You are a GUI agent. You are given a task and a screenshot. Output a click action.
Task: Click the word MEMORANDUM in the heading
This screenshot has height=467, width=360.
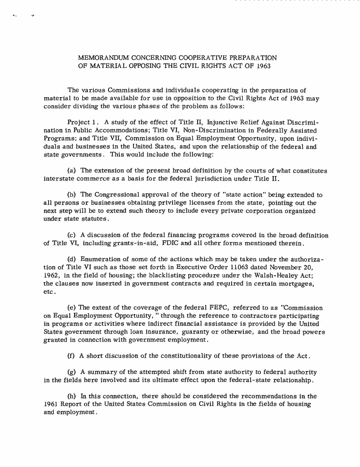coord(100,58)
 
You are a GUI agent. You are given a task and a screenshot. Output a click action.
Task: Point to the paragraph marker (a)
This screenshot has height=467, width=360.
coord(73,171)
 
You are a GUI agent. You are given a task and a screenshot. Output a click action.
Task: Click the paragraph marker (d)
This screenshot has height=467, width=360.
coord(73,259)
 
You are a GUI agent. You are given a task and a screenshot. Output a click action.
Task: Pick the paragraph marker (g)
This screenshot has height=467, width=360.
coord(73,372)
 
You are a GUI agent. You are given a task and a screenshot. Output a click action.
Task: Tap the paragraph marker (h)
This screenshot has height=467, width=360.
coord(73,396)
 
